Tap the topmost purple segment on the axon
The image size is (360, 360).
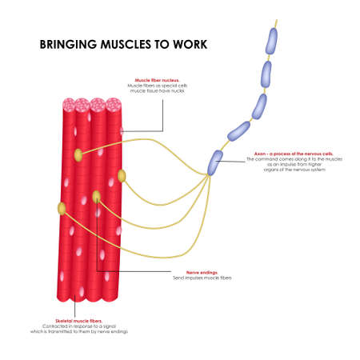click(x=272, y=41)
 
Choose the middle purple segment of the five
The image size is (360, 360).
click(x=258, y=106)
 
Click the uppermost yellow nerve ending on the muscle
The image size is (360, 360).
click(x=78, y=154)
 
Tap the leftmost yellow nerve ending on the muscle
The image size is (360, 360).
click(x=62, y=208)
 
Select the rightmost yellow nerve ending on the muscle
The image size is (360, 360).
click(x=122, y=175)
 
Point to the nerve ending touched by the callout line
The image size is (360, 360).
click(x=97, y=197)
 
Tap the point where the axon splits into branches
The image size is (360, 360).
click(x=210, y=174)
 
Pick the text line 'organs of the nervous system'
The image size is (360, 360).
click(x=280, y=173)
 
